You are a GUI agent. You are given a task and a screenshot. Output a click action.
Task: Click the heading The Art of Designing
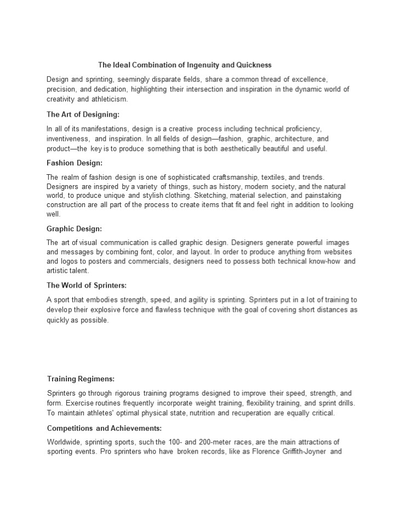[x=83, y=115]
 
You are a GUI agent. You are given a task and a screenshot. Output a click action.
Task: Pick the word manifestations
[x=104, y=129]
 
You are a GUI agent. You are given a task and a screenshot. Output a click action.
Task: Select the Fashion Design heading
[x=75, y=163]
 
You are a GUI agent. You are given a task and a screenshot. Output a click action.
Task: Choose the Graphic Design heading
[x=75, y=228]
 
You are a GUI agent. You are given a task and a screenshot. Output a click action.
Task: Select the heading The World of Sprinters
[x=87, y=285]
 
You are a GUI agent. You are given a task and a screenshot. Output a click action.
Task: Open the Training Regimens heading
[x=81, y=379]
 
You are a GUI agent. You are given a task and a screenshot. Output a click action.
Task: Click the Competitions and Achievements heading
[x=104, y=428]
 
